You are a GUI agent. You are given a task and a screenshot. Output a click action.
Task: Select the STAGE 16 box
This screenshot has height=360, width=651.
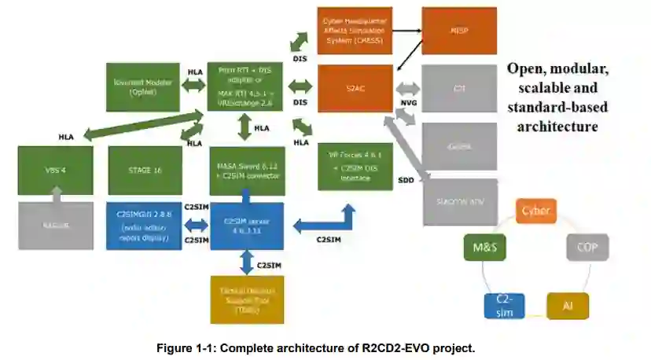click(144, 171)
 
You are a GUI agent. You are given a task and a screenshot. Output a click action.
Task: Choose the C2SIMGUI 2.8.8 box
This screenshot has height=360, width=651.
click(144, 226)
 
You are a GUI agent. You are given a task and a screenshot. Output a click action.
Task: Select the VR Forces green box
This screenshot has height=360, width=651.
click(355, 167)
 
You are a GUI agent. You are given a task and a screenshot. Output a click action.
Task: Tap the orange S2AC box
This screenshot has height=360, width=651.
click(355, 89)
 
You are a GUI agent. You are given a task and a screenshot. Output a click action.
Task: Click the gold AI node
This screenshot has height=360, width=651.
click(567, 305)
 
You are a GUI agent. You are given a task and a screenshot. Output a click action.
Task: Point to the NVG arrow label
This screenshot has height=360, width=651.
click(409, 102)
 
